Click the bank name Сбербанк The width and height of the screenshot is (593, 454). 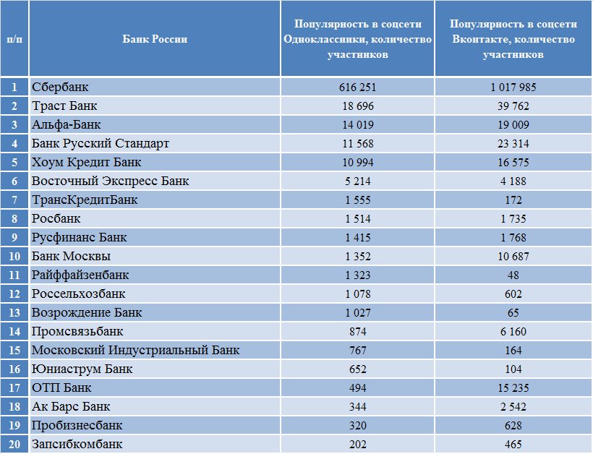60,87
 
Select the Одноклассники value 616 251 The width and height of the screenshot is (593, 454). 357,87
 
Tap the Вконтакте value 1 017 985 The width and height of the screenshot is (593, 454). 513,87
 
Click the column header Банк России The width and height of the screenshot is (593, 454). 155,39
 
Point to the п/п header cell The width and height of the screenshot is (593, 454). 14,39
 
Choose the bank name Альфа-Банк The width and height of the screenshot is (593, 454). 67,124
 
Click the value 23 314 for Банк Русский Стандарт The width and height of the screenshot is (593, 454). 513,144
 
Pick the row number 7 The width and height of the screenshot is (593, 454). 14,200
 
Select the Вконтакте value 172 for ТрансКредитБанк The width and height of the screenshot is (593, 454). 513,200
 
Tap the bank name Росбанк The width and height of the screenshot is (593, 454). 56,218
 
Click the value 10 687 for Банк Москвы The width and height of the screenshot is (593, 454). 513,257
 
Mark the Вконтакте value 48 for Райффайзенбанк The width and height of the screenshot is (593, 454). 513,275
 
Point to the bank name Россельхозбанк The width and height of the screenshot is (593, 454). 78,294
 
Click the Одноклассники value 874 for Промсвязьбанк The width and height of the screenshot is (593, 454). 357,332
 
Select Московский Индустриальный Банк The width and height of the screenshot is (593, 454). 135,350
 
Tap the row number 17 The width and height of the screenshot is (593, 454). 14,387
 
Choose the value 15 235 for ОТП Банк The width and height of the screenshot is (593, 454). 513,387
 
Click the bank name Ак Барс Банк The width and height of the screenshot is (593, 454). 71,406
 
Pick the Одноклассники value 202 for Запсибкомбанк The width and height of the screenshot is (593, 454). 357,444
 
